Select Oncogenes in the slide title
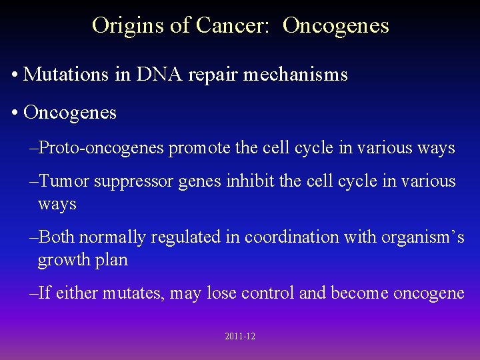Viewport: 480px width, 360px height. [x=335, y=25]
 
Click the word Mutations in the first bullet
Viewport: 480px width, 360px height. [x=67, y=74]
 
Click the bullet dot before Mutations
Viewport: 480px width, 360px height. [x=15, y=75]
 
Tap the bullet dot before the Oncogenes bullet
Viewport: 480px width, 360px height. [x=15, y=113]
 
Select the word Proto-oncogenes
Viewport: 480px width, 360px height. [x=102, y=148]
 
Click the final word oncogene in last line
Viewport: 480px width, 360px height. [x=428, y=293]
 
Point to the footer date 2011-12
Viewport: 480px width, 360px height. [x=240, y=337]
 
